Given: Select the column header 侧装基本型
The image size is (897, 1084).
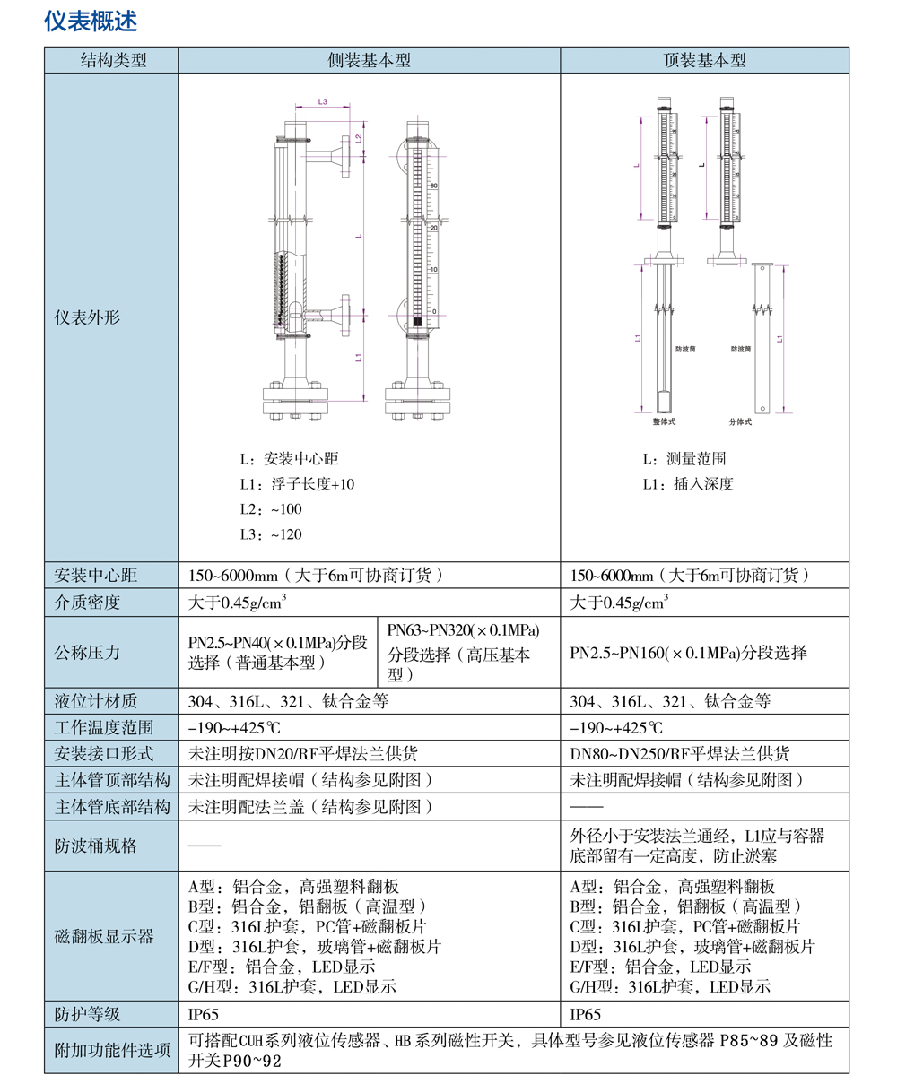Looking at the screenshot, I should [x=369, y=61].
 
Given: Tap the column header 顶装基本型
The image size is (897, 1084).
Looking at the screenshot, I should [x=704, y=61].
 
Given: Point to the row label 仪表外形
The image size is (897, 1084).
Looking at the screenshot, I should [x=87, y=317].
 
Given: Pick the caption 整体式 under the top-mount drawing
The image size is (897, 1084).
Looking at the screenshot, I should [x=665, y=420].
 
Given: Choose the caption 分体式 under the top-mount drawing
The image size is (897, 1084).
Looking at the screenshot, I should [x=740, y=420].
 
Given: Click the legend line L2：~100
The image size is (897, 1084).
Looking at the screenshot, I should [x=271, y=509].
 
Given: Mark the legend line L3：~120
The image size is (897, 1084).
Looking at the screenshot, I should [x=271, y=534].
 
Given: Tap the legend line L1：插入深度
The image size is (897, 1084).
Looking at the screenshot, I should [x=688, y=484].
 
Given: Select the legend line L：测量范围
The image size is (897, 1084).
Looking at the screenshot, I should [x=684, y=459].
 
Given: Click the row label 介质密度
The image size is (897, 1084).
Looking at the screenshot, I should [x=87, y=603].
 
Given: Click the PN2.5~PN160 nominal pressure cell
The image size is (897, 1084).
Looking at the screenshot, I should [x=688, y=652].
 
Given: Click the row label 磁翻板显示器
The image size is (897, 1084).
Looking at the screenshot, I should [x=104, y=937].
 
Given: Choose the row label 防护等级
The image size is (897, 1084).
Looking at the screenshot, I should [x=87, y=1015].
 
